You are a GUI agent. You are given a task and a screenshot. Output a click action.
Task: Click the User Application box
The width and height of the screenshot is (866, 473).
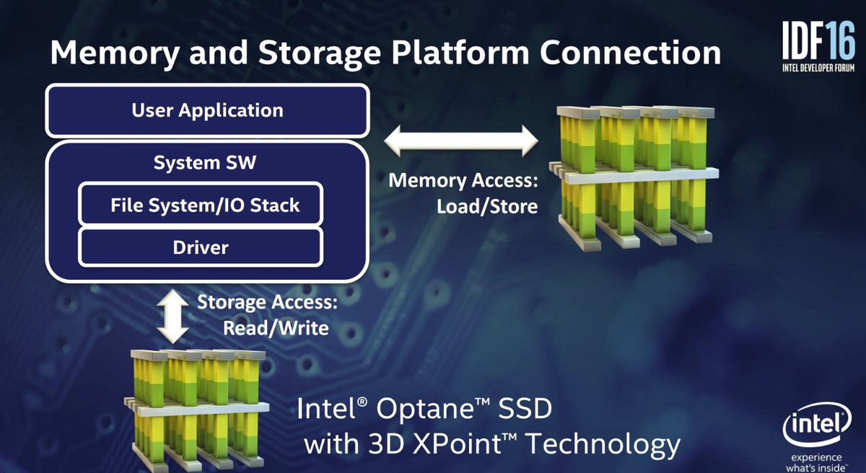[x=207, y=110]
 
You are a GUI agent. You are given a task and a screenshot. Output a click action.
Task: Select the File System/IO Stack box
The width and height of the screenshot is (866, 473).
[x=201, y=204]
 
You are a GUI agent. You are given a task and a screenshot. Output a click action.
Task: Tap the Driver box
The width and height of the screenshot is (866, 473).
[x=201, y=247]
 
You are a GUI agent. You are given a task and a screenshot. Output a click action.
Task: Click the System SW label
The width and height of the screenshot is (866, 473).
[x=205, y=162]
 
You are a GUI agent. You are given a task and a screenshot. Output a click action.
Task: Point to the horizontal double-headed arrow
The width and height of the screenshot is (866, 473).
[x=461, y=141]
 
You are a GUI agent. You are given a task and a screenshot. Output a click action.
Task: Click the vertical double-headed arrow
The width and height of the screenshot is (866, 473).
[x=172, y=317]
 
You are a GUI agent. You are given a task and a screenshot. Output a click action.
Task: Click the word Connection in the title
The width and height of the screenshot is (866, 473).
[x=630, y=52]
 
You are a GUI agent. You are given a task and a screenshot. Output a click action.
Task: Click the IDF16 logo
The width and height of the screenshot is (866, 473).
[x=818, y=45]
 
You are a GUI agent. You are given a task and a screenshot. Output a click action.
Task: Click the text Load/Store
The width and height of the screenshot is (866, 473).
[x=487, y=206]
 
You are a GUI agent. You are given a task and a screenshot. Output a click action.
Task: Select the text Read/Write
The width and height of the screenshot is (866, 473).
[x=276, y=328]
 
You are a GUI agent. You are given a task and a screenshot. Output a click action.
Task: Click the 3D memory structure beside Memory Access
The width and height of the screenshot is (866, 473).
[x=634, y=178]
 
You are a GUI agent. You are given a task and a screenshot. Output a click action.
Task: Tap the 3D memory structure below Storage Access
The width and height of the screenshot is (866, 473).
[x=196, y=411]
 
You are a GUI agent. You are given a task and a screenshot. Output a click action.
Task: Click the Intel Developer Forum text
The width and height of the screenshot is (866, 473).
[x=818, y=68]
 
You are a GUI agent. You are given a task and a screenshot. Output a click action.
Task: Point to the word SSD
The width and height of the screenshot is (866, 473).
[x=525, y=409]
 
